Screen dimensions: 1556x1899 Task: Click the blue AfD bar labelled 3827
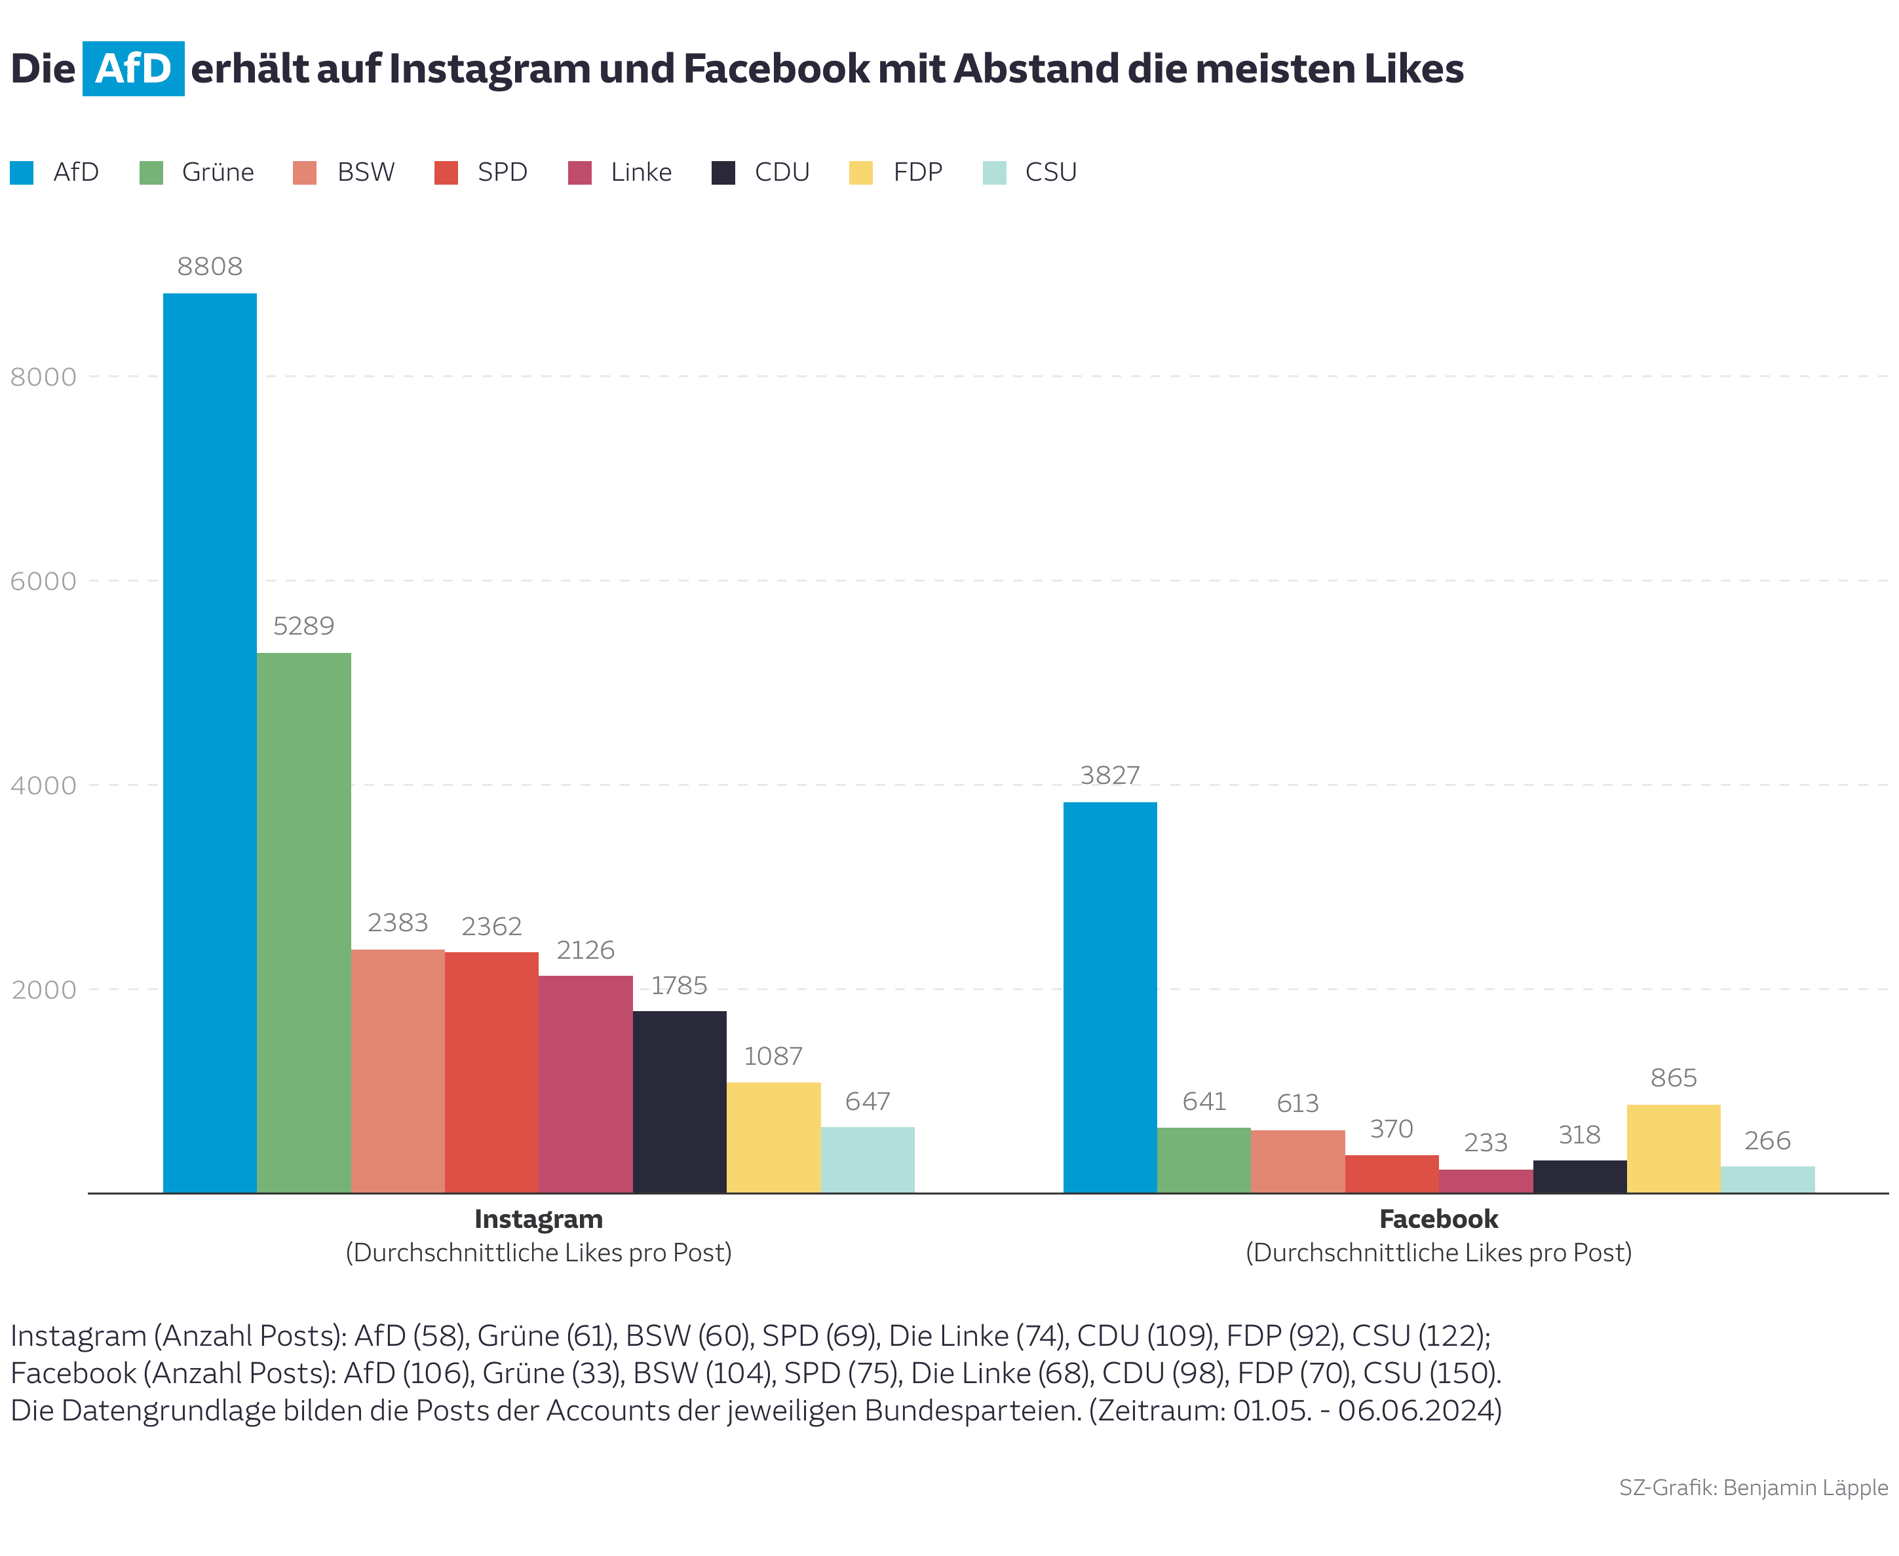[x=1109, y=997]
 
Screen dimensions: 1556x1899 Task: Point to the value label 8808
[x=209, y=266]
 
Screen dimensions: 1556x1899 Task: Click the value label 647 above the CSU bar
[x=866, y=1101]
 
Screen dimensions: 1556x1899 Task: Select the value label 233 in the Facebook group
[x=1485, y=1142]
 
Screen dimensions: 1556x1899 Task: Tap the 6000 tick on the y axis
[x=43, y=581]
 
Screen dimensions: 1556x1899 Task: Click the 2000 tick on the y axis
[x=43, y=990]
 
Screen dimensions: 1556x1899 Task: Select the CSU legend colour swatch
[x=993, y=172]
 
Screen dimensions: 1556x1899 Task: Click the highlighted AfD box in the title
[x=133, y=69]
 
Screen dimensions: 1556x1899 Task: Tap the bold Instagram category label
[x=538, y=1219]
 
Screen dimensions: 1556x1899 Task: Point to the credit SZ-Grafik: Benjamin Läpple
[x=1752, y=1487]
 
